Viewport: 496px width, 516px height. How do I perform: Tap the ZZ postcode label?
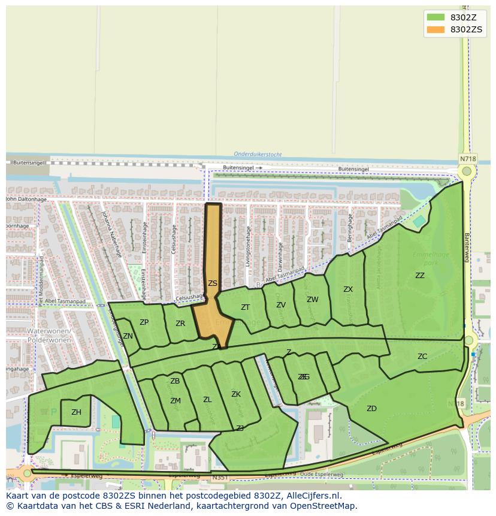click(420, 276)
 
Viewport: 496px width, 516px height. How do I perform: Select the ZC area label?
click(422, 357)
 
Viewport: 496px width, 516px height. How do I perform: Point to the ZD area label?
click(371, 409)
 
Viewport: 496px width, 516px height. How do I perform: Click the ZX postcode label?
click(348, 289)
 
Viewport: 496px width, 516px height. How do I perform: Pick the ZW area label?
click(313, 300)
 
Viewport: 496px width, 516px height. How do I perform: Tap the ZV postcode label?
click(281, 305)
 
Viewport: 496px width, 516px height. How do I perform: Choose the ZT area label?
click(245, 307)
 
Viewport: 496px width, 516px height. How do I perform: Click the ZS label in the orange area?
click(213, 283)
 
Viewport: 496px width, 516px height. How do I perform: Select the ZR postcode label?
click(180, 324)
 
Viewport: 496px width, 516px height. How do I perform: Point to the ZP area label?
click(144, 322)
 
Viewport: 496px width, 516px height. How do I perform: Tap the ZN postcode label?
click(128, 336)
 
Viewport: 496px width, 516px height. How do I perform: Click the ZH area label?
click(76, 412)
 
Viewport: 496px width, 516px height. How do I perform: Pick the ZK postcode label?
click(236, 394)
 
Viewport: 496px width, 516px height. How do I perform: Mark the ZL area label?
click(207, 400)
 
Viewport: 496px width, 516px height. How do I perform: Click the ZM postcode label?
click(175, 401)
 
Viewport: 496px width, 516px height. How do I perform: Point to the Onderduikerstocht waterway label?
click(258, 154)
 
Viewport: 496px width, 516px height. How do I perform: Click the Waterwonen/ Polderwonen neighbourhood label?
click(49, 335)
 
